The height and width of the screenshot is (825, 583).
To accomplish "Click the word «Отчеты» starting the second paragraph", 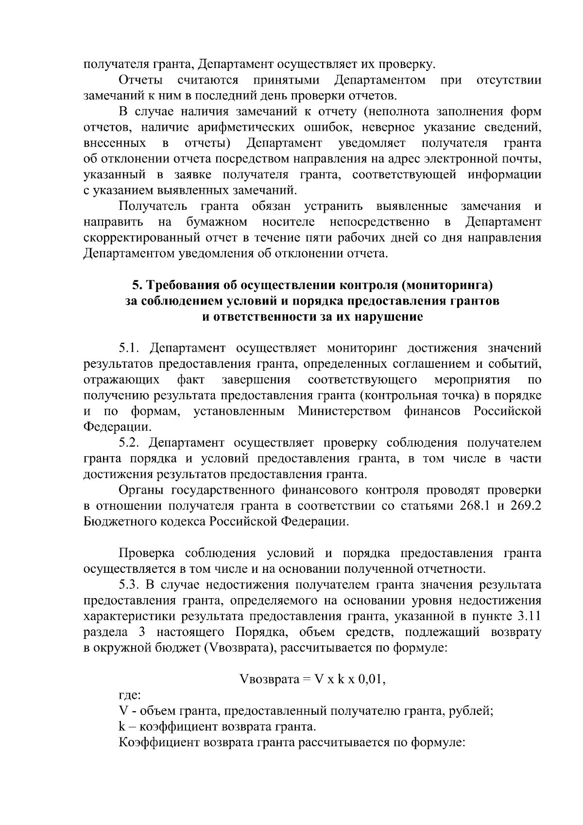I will point(141,80).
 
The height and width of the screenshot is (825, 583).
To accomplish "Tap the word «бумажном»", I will point(217,223).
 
